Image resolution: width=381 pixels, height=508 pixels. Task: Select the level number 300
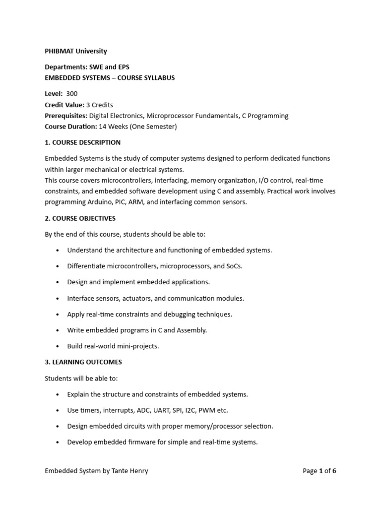click(71, 94)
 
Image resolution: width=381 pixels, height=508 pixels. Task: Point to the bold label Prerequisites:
click(66, 116)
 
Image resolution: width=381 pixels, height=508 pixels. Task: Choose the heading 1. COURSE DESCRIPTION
click(82, 142)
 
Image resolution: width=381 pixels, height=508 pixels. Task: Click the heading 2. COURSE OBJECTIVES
click(80, 218)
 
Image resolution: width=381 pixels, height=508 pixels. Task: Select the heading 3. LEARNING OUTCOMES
click(83, 362)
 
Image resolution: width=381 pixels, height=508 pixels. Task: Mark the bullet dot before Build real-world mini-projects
click(59, 346)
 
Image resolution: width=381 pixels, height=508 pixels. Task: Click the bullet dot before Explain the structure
click(59, 394)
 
